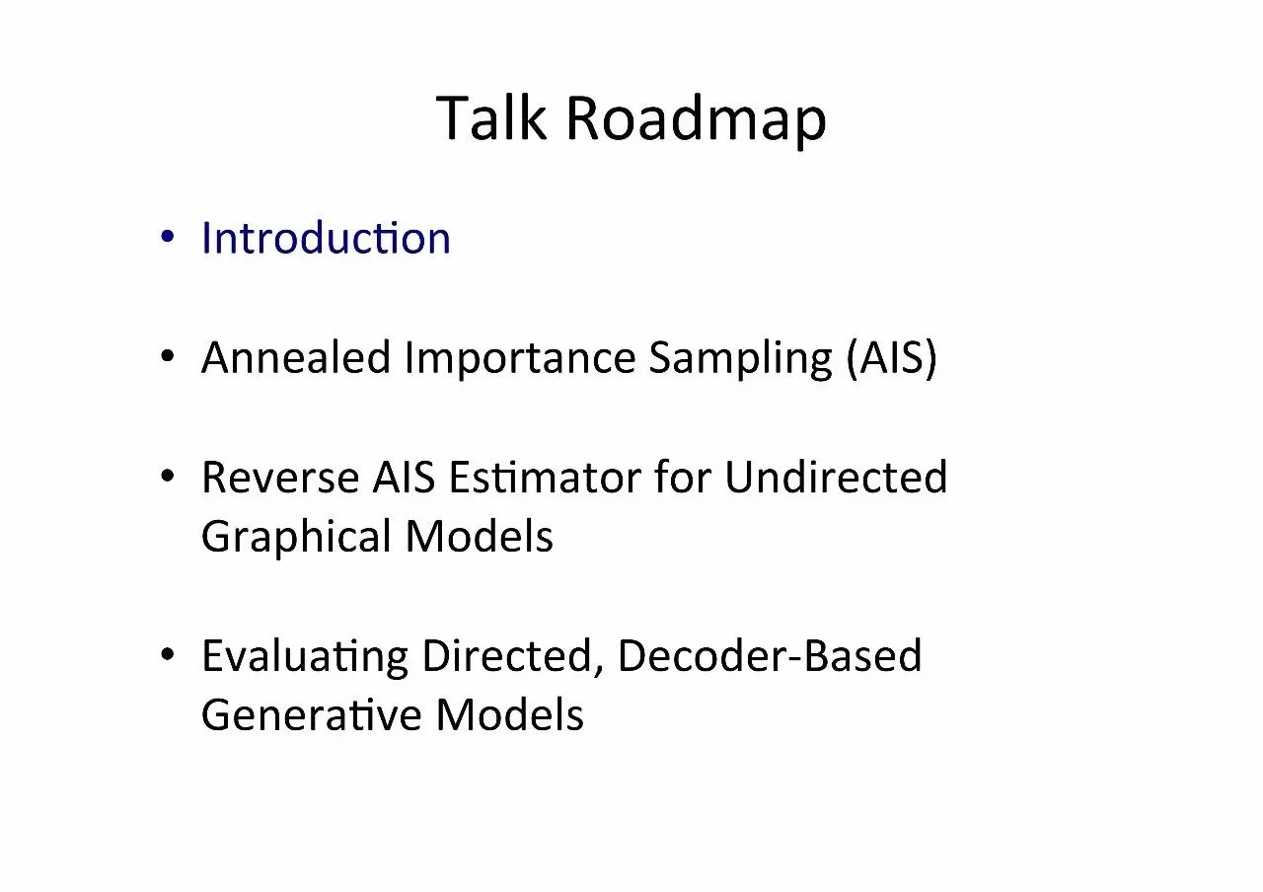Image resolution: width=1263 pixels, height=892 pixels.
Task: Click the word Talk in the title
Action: pyautogui.click(x=491, y=117)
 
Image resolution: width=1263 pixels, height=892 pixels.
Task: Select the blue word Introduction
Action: pyautogui.click(x=326, y=238)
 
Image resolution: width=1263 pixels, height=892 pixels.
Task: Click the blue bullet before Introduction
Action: pyautogui.click(x=167, y=236)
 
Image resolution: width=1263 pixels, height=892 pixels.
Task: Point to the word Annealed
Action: pyautogui.click(x=296, y=357)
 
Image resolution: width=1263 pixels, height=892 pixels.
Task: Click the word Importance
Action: pyautogui.click(x=520, y=358)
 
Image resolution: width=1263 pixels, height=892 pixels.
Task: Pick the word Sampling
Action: pyautogui.click(x=741, y=358)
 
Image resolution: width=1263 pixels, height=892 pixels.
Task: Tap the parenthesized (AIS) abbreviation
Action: pyautogui.click(x=891, y=358)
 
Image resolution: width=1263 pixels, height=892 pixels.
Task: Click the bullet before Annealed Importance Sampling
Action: pyautogui.click(x=167, y=356)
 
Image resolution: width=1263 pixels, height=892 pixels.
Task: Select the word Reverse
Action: pyautogui.click(x=280, y=478)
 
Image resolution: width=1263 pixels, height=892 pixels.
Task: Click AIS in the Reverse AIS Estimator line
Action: pyautogui.click(x=404, y=477)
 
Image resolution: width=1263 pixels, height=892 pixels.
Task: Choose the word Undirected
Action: pyautogui.click(x=836, y=477)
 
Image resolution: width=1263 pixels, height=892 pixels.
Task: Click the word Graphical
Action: pyautogui.click(x=297, y=537)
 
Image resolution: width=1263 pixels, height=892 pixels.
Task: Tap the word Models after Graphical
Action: pyautogui.click(x=480, y=536)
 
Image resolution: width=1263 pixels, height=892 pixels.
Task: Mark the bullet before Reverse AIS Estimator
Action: pyautogui.click(x=167, y=476)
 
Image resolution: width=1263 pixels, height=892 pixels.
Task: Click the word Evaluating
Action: pyautogui.click(x=305, y=657)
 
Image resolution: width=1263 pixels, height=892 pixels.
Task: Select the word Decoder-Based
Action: pyautogui.click(x=770, y=655)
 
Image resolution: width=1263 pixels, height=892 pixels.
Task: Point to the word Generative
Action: pyautogui.click(x=312, y=714)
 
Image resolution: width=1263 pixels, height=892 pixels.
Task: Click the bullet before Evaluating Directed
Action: pyautogui.click(x=167, y=654)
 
